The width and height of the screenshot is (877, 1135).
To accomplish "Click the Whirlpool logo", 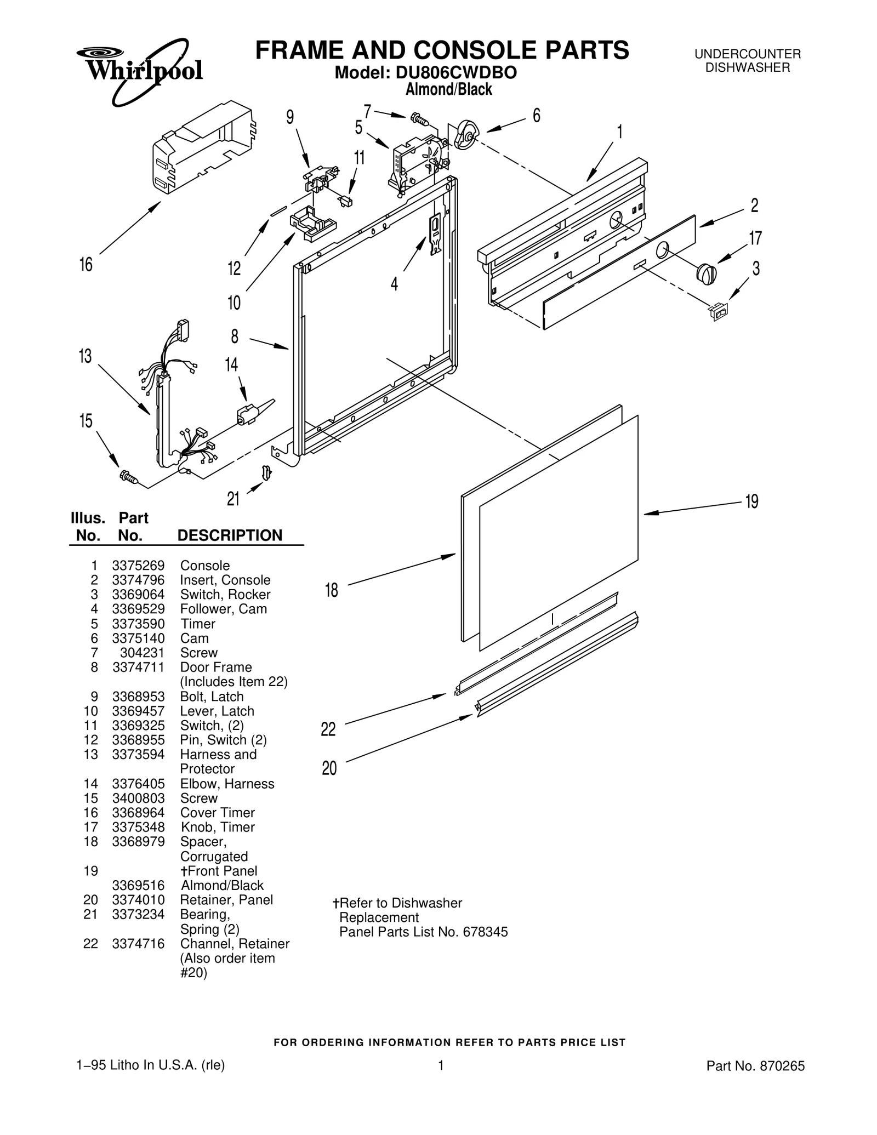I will coord(140,70).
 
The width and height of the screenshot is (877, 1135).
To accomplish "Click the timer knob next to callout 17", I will coord(706,273).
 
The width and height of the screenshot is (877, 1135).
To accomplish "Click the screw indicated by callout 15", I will coord(129,478).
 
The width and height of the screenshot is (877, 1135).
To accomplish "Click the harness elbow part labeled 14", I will coord(248,414).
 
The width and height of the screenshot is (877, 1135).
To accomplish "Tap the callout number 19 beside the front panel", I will coord(751,501).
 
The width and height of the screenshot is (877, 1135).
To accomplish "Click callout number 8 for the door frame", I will coord(235,336).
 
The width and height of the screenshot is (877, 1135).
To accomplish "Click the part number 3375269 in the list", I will coord(138,566).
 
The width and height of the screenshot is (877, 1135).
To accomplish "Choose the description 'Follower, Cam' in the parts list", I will coord(223,609).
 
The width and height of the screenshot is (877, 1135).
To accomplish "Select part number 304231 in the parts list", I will coord(142,653).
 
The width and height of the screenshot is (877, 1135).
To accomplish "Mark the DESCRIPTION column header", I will coord(230,535).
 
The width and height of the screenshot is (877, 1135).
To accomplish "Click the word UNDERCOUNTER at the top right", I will coord(748,54).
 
